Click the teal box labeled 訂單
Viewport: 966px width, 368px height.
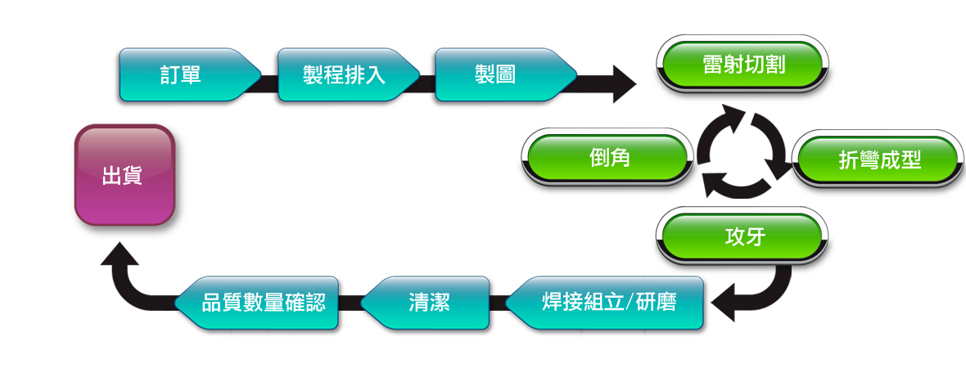click(190, 75)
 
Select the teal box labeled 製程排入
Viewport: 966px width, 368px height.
click(348, 75)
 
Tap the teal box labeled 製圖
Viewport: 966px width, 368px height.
click(505, 75)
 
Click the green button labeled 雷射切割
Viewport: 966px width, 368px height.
click(743, 64)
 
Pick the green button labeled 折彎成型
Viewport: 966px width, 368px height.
click(878, 159)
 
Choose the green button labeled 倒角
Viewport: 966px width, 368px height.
click(607, 158)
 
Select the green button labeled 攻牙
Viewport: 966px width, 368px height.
click(743, 236)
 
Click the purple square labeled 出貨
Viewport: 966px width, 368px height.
click(124, 175)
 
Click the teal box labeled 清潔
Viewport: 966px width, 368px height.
click(425, 303)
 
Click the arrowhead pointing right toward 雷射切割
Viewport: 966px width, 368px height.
click(624, 83)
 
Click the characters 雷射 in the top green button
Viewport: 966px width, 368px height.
click(723, 65)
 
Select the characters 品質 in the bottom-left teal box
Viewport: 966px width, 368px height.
click(223, 303)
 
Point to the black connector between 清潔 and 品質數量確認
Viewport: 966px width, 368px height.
click(350, 303)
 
